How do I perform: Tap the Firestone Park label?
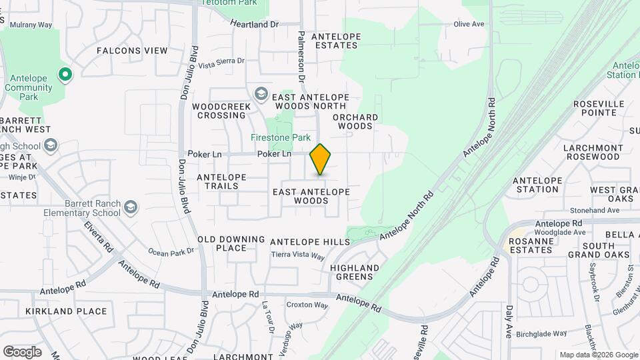(281, 138)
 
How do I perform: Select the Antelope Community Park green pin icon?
(65, 75)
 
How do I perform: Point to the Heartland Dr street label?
(254, 24)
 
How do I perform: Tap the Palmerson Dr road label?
(301, 56)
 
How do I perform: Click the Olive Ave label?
(469, 24)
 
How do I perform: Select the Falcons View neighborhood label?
(132, 51)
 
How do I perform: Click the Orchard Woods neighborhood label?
(355, 121)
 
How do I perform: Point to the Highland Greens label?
(355, 273)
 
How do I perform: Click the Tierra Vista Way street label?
(298, 256)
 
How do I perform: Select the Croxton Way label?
(307, 305)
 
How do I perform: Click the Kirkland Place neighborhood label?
(66, 311)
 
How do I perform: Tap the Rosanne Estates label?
(531, 245)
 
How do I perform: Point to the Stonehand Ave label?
(595, 210)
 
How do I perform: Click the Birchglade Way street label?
(541, 333)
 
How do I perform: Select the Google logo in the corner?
(22, 352)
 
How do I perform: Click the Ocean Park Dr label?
(171, 252)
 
